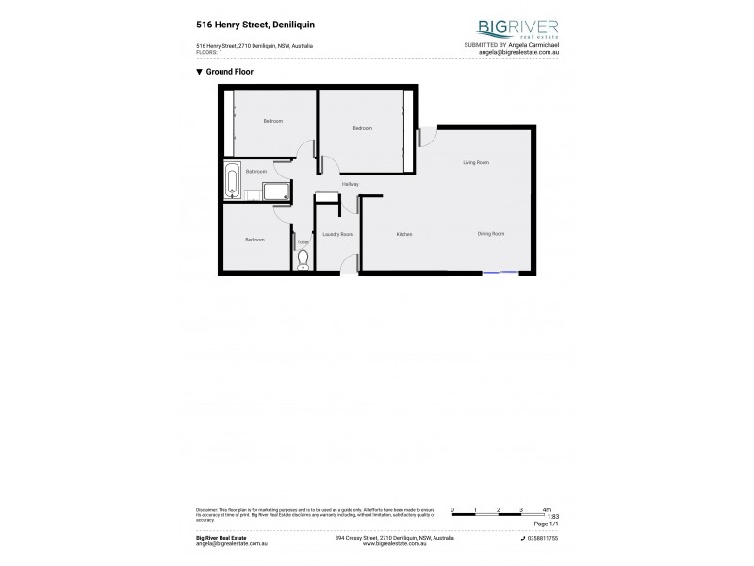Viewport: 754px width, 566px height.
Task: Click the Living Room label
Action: [x=476, y=162]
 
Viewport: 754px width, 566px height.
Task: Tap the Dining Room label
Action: [x=490, y=233]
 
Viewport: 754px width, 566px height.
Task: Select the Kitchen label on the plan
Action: [x=404, y=233]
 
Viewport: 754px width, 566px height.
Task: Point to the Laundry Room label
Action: [x=337, y=233]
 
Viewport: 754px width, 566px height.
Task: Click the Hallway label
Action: [x=351, y=183]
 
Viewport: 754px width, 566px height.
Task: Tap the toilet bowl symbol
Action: [x=303, y=258]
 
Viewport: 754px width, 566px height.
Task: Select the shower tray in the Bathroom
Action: [x=277, y=192]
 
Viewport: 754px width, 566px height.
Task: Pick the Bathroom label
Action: [x=256, y=172]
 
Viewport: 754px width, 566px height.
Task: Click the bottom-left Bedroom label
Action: [x=254, y=240]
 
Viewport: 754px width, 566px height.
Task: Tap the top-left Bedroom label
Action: [x=272, y=121]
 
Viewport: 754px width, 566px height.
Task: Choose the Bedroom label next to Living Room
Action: [x=363, y=128]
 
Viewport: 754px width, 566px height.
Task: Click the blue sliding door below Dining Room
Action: [x=500, y=274]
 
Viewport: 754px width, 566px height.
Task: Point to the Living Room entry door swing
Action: [x=426, y=138]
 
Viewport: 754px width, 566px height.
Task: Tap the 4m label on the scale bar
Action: [x=547, y=510]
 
